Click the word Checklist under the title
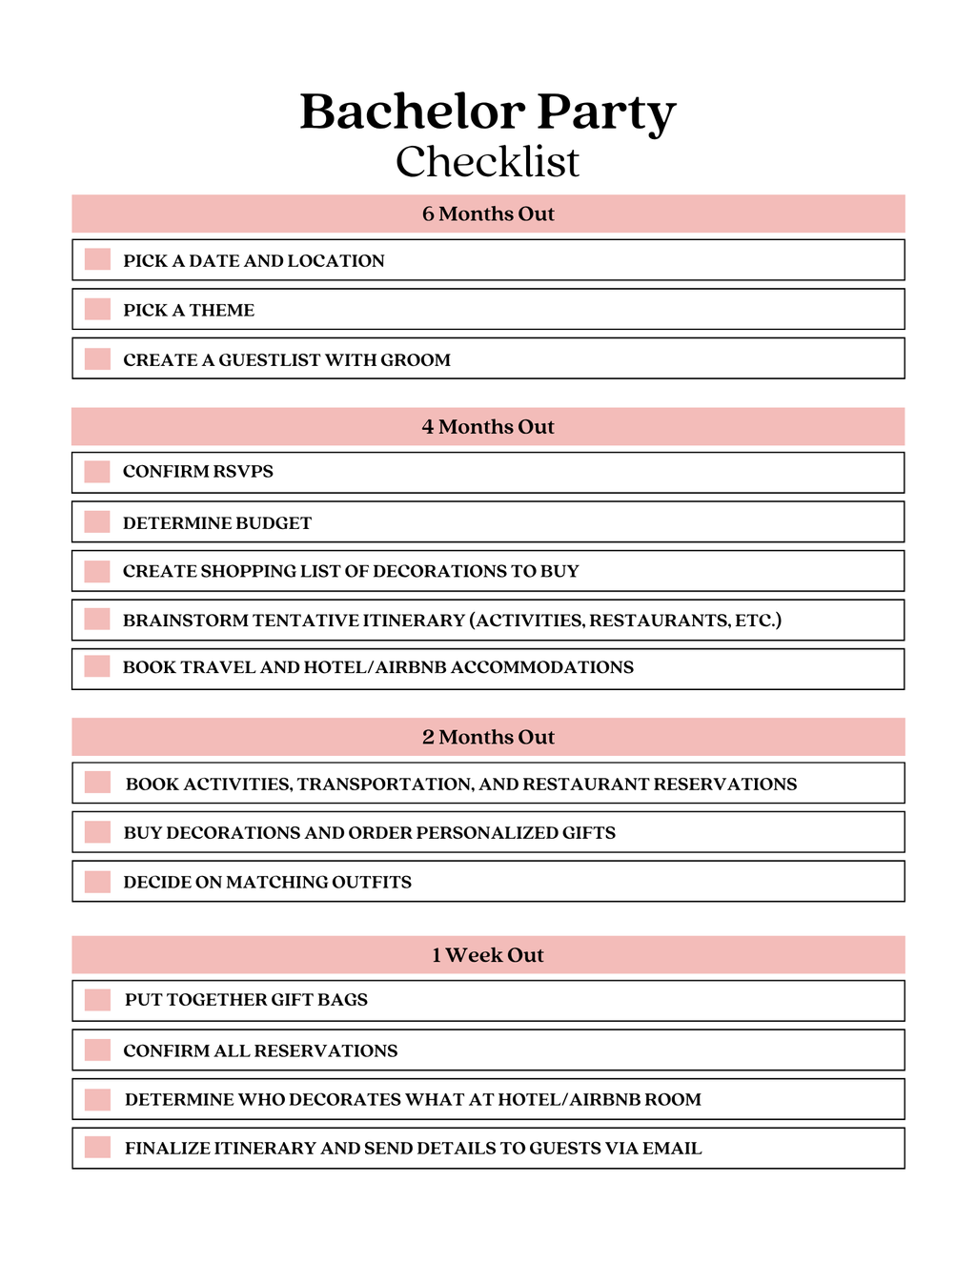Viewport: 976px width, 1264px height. (x=487, y=162)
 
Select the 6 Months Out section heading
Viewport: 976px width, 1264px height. (x=488, y=214)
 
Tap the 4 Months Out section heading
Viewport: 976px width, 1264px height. (x=488, y=427)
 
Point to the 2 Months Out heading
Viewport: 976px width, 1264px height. (x=488, y=737)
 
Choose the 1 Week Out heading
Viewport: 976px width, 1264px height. (x=488, y=955)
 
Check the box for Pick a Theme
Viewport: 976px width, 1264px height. (x=97, y=310)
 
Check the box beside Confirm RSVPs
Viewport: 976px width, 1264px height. (x=97, y=472)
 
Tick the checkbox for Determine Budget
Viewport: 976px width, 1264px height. (x=97, y=522)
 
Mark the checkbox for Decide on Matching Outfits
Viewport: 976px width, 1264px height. (x=97, y=882)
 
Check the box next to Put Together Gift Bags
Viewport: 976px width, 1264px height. (x=97, y=1000)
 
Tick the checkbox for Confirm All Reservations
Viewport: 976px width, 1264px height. (x=97, y=1050)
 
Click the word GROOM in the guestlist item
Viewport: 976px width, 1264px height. (x=416, y=360)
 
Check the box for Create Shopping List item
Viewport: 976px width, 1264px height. (x=97, y=571)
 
